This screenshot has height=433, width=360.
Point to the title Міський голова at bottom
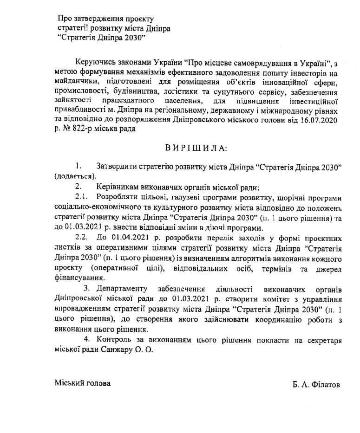pyautogui.click(x=83, y=384)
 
